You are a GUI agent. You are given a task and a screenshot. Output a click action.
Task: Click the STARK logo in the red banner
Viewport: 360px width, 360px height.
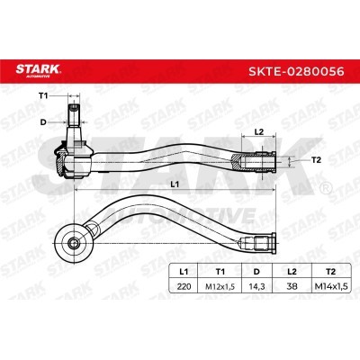[x=38, y=71]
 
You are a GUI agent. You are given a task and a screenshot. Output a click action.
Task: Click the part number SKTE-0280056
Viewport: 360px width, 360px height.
[x=296, y=71]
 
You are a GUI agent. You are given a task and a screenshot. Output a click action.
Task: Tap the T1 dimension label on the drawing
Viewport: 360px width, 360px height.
[x=43, y=95]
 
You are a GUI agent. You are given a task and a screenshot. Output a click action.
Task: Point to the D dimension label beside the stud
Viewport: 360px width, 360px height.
[x=43, y=122]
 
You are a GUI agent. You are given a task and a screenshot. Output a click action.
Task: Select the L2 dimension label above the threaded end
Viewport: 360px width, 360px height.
[x=258, y=131]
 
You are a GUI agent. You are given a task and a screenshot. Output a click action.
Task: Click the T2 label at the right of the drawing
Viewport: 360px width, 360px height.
[x=316, y=160]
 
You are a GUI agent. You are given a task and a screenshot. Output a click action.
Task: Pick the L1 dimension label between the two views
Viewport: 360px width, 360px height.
[x=175, y=184]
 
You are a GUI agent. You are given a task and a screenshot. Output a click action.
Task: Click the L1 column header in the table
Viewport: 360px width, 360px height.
[x=184, y=272]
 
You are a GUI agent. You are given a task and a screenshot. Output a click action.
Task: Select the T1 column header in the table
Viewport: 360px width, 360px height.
[x=220, y=272]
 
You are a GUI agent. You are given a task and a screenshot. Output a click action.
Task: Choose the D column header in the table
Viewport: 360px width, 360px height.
[x=256, y=272]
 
